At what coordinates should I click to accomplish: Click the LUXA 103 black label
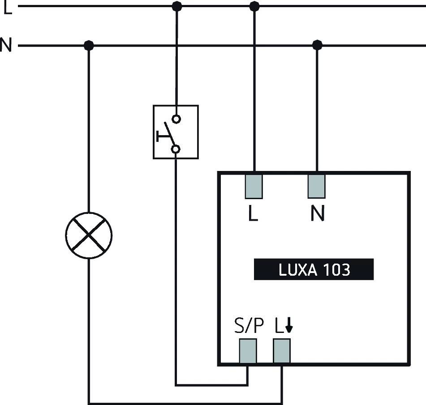click(x=314, y=269)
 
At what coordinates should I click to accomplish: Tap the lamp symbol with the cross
click(x=89, y=235)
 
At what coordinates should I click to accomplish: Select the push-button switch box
click(x=176, y=132)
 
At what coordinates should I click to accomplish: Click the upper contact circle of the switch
click(x=176, y=119)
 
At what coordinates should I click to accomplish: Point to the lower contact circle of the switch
click(x=176, y=149)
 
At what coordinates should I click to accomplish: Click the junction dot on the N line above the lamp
click(x=89, y=45)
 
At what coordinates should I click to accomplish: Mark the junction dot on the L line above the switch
click(x=177, y=6)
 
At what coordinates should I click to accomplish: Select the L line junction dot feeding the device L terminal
click(x=254, y=6)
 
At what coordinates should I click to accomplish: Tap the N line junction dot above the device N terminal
click(x=317, y=45)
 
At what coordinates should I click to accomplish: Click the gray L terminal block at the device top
click(x=254, y=186)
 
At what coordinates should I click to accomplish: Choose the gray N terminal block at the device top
click(x=316, y=186)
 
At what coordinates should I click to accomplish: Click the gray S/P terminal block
click(x=248, y=351)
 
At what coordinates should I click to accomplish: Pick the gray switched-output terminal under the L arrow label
click(x=282, y=351)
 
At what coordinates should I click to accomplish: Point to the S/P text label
click(x=246, y=327)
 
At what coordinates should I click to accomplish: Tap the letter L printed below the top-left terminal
click(x=254, y=215)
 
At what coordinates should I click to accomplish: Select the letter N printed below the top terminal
click(x=317, y=215)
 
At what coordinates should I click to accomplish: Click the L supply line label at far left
click(x=8, y=8)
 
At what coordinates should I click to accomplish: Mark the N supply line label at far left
click(x=6, y=46)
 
